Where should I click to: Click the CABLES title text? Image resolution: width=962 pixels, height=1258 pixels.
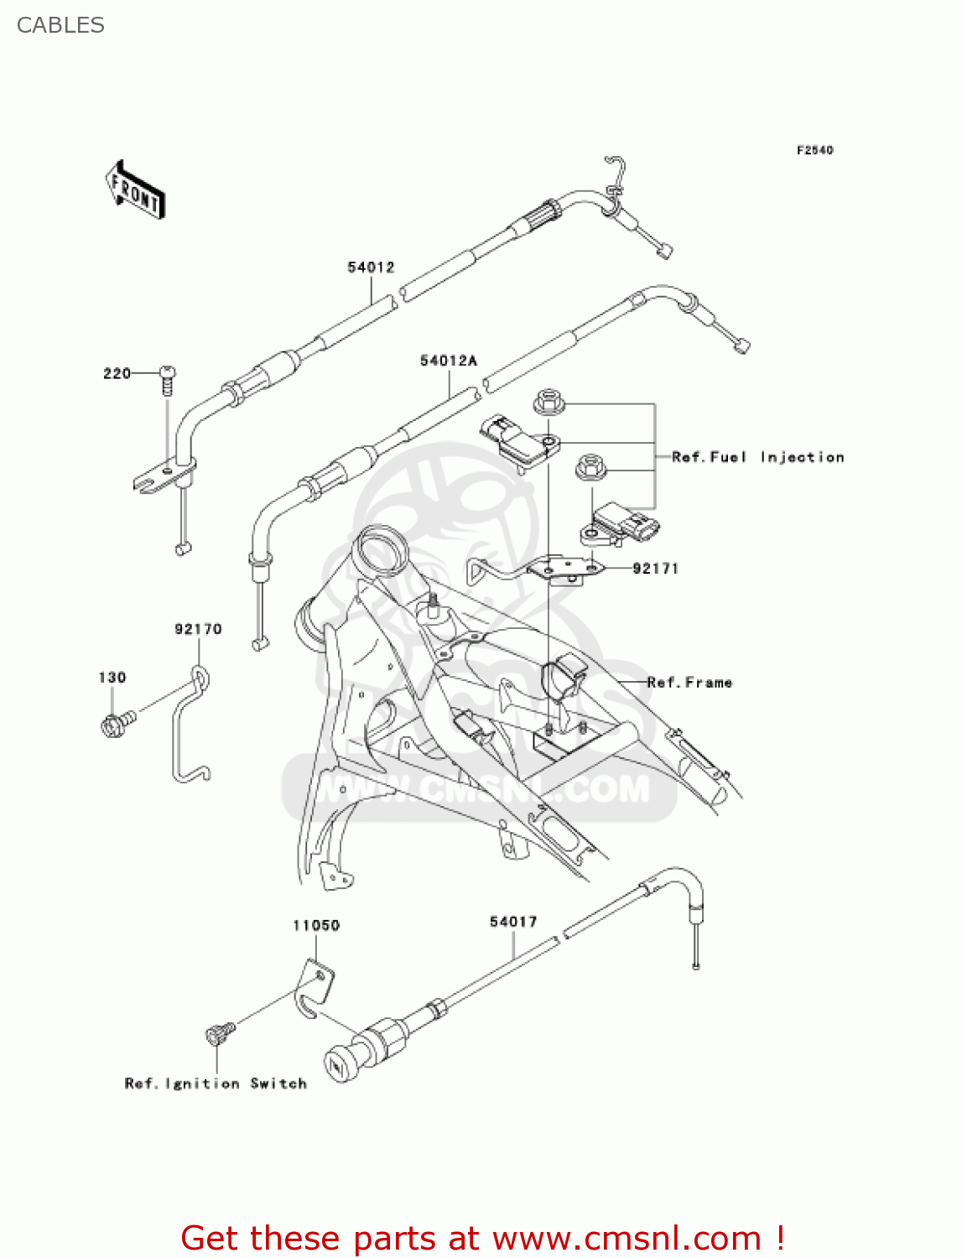(x=60, y=25)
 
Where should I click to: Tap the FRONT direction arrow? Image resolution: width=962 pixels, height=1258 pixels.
(x=135, y=190)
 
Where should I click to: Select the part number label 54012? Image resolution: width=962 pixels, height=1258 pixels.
(x=371, y=268)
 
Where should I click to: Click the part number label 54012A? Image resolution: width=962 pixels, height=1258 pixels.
(x=449, y=361)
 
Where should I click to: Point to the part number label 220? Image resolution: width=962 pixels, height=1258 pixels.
(x=117, y=373)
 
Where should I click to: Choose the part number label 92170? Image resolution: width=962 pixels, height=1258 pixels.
(x=198, y=629)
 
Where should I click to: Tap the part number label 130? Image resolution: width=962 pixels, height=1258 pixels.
(x=112, y=678)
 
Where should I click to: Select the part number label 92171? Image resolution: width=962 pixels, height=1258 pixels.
(x=655, y=569)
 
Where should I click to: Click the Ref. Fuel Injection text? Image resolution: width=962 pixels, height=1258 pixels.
(x=757, y=457)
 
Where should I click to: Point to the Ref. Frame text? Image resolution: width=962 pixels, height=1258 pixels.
(x=689, y=683)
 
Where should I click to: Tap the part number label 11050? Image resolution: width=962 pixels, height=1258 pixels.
(x=316, y=925)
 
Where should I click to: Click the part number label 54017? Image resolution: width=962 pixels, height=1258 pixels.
(x=513, y=922)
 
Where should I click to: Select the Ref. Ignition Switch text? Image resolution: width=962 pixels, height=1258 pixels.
(x=216, y=1084)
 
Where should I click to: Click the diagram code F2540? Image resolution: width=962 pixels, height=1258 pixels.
(x=814, y=150)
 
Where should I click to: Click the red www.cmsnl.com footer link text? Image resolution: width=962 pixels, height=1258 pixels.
(x=627, y=1238)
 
